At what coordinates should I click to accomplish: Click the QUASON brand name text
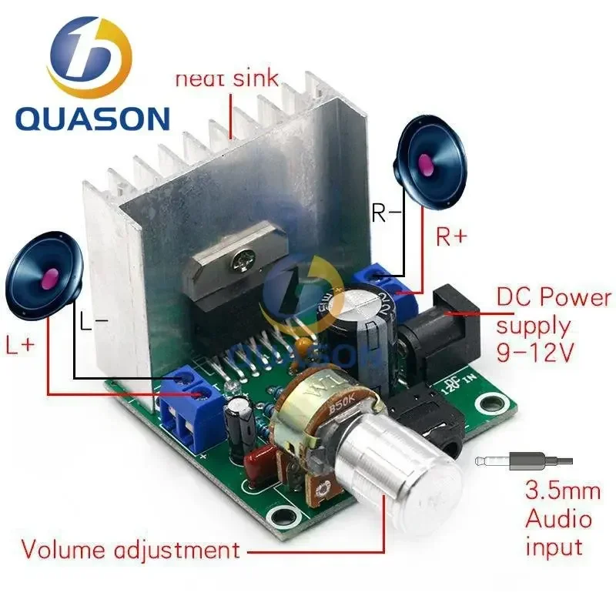tap(92, 119)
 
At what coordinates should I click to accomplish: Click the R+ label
tap(452, 236)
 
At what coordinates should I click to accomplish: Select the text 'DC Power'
tap(553, 297)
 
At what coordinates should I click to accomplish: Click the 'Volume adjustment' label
tap(130, 551)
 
